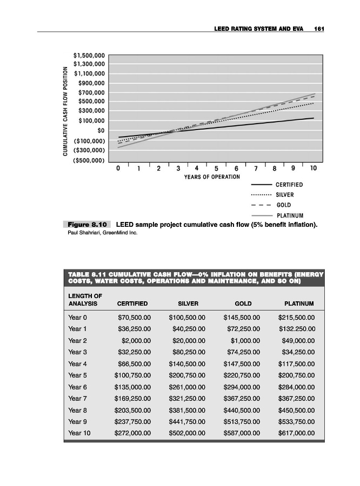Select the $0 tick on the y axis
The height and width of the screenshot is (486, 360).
(100, 130)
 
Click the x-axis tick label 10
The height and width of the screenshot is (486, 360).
(313, 168)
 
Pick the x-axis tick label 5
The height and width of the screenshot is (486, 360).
(216, 168)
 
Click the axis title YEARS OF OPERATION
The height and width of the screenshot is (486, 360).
(212, 177)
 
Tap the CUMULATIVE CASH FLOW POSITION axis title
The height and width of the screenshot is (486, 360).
(65, 111)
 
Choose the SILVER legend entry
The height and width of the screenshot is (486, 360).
(286, 195)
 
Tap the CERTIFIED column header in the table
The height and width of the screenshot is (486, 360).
(132, 304)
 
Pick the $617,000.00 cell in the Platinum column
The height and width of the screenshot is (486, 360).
(296, 433)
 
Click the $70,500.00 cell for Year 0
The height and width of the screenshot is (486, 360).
(134, 318)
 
